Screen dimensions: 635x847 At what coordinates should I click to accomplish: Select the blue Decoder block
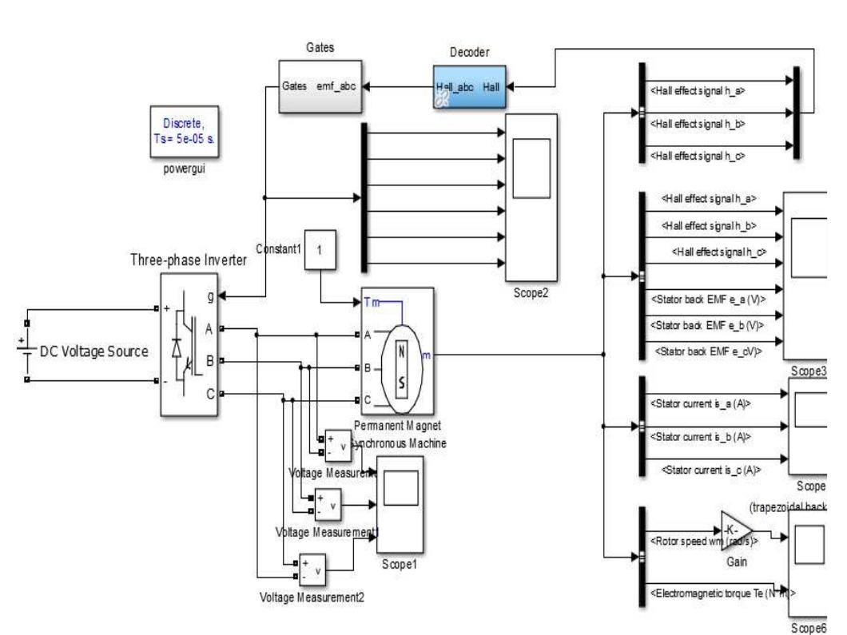tap(470, 88)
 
